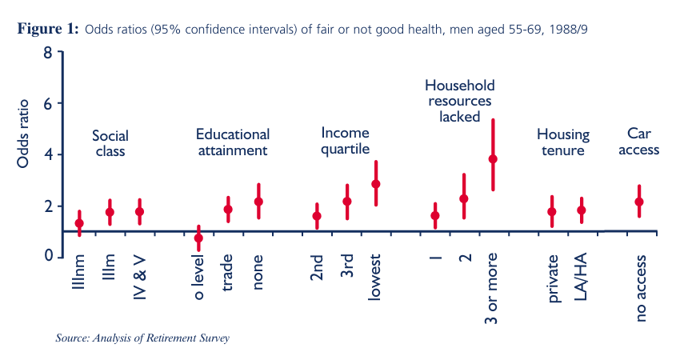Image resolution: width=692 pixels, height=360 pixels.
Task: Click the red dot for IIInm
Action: pos(79,223)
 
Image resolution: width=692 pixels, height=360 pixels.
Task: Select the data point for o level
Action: pos(198,238)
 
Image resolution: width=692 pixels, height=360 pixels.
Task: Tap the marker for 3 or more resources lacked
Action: pos(493,158)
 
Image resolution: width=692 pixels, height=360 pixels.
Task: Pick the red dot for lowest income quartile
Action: pos(375,183)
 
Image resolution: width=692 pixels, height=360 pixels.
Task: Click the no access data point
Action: pos(639,202)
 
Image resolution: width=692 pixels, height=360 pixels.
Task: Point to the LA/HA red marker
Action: pos(582,210)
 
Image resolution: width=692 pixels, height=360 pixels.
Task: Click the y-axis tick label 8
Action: pos(48,54)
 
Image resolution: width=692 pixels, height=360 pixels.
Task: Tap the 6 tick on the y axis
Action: pos(48,104)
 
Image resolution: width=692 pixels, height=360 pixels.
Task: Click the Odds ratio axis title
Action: pos(23,134)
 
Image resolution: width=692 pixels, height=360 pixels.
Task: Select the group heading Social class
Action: pos(110,143)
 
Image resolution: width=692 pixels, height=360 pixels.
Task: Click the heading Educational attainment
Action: pos(232,142)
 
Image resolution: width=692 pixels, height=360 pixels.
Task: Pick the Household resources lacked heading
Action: pos(459,100)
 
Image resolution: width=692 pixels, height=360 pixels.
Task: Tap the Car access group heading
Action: pos(642,142)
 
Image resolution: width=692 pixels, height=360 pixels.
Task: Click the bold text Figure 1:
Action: pos(47,30)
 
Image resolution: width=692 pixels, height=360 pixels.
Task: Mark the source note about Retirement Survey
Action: pos(142,338)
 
